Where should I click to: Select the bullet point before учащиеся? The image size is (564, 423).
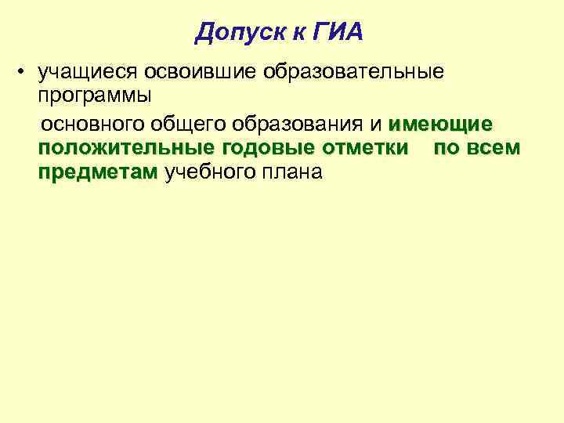click(x=26, y=72)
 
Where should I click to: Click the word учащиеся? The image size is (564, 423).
click(x=89, y=72)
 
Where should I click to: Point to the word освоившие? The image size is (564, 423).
click(x=201, y=72)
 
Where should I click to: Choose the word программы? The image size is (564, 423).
click(x=95, y=96)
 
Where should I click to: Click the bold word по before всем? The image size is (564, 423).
click(x=446, y=148)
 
